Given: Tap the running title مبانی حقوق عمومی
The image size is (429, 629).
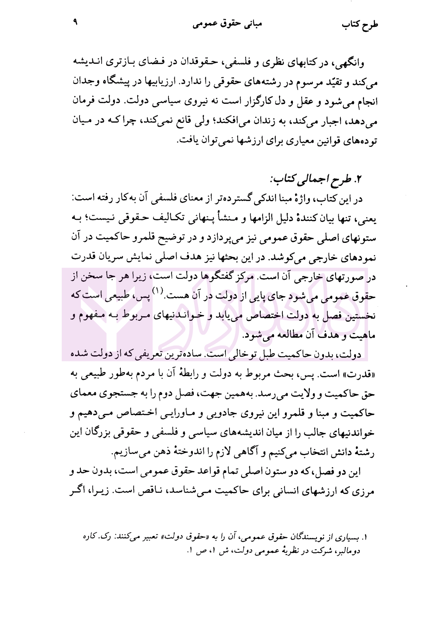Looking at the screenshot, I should tap(227, 24).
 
